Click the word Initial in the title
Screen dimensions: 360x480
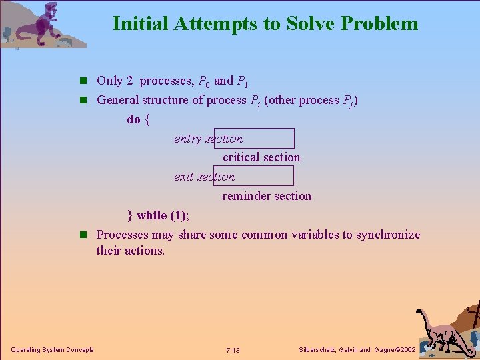pyautogui.click(x=141, y=24)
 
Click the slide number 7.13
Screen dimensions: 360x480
pyautogui.click(x=233, y=350)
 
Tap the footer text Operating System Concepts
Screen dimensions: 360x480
pyautogui.click(x=52, y=350)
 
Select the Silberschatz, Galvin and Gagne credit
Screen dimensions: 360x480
pyautogui.click(x=357, y=350)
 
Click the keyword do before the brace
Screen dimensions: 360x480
pyautogui.click(x=133, y=119)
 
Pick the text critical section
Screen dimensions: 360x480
pyautogui.click(x=261, y=157)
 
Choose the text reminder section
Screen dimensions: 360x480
pyautogui.click(x=267, y=196)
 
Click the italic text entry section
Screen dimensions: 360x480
pyautogui.click(x=208, y=139)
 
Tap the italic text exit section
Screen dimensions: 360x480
pyautogui.click(x=204, y=177)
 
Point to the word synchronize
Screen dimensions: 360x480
pyautogui.click(x=388, y=235)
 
